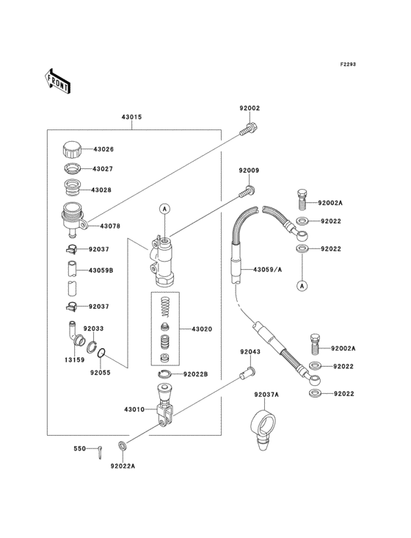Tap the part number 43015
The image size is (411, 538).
pyautogui.click(x=131, y=118)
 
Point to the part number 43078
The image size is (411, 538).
pyautogui.click(x=110, y=226)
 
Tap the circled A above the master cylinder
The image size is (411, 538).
pyautogui.click(x=166, y=209)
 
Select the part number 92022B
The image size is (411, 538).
pyautogui.click(x=196, y=374)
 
